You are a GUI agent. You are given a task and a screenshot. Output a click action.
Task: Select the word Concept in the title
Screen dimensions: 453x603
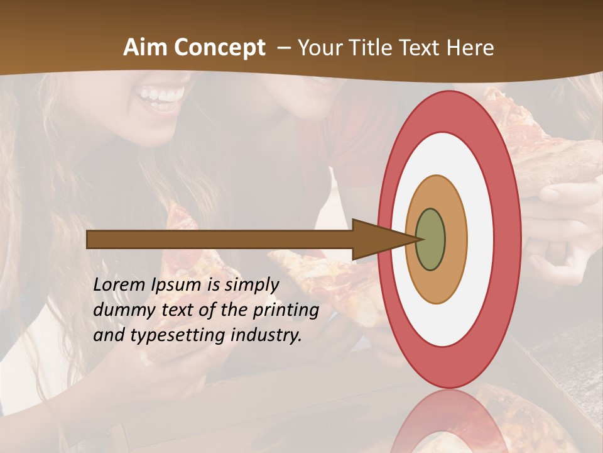click(219, 48)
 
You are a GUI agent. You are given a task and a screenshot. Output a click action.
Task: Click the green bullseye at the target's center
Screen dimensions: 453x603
click(431, 240)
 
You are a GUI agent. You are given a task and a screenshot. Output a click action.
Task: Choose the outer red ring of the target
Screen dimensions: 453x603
click(506, 240)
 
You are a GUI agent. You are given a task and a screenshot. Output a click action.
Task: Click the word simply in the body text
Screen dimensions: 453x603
click(252, 285)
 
